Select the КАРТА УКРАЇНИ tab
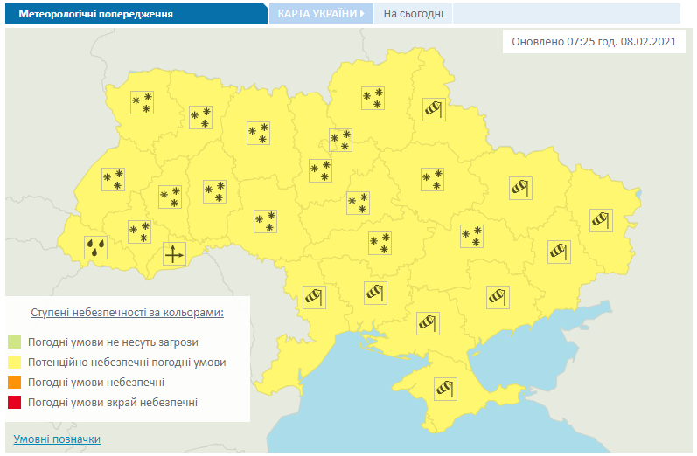320,14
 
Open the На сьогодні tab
413,14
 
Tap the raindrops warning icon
96,247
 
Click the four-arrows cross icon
174,254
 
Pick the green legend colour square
15,342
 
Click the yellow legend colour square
15,362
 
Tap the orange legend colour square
15,383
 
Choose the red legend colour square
15,403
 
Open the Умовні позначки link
57,439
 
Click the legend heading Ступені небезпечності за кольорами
127,312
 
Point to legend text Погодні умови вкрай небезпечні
113,403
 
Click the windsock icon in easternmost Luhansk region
601,220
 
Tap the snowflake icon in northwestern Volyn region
142,102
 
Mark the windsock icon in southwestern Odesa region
312,296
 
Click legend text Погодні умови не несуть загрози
113,342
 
